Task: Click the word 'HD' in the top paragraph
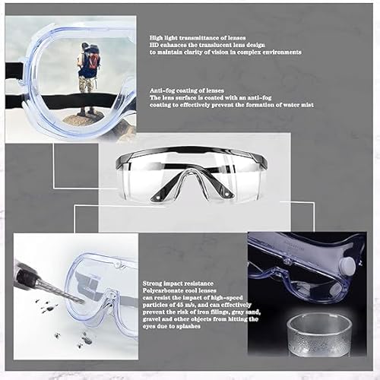click(154, 45)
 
